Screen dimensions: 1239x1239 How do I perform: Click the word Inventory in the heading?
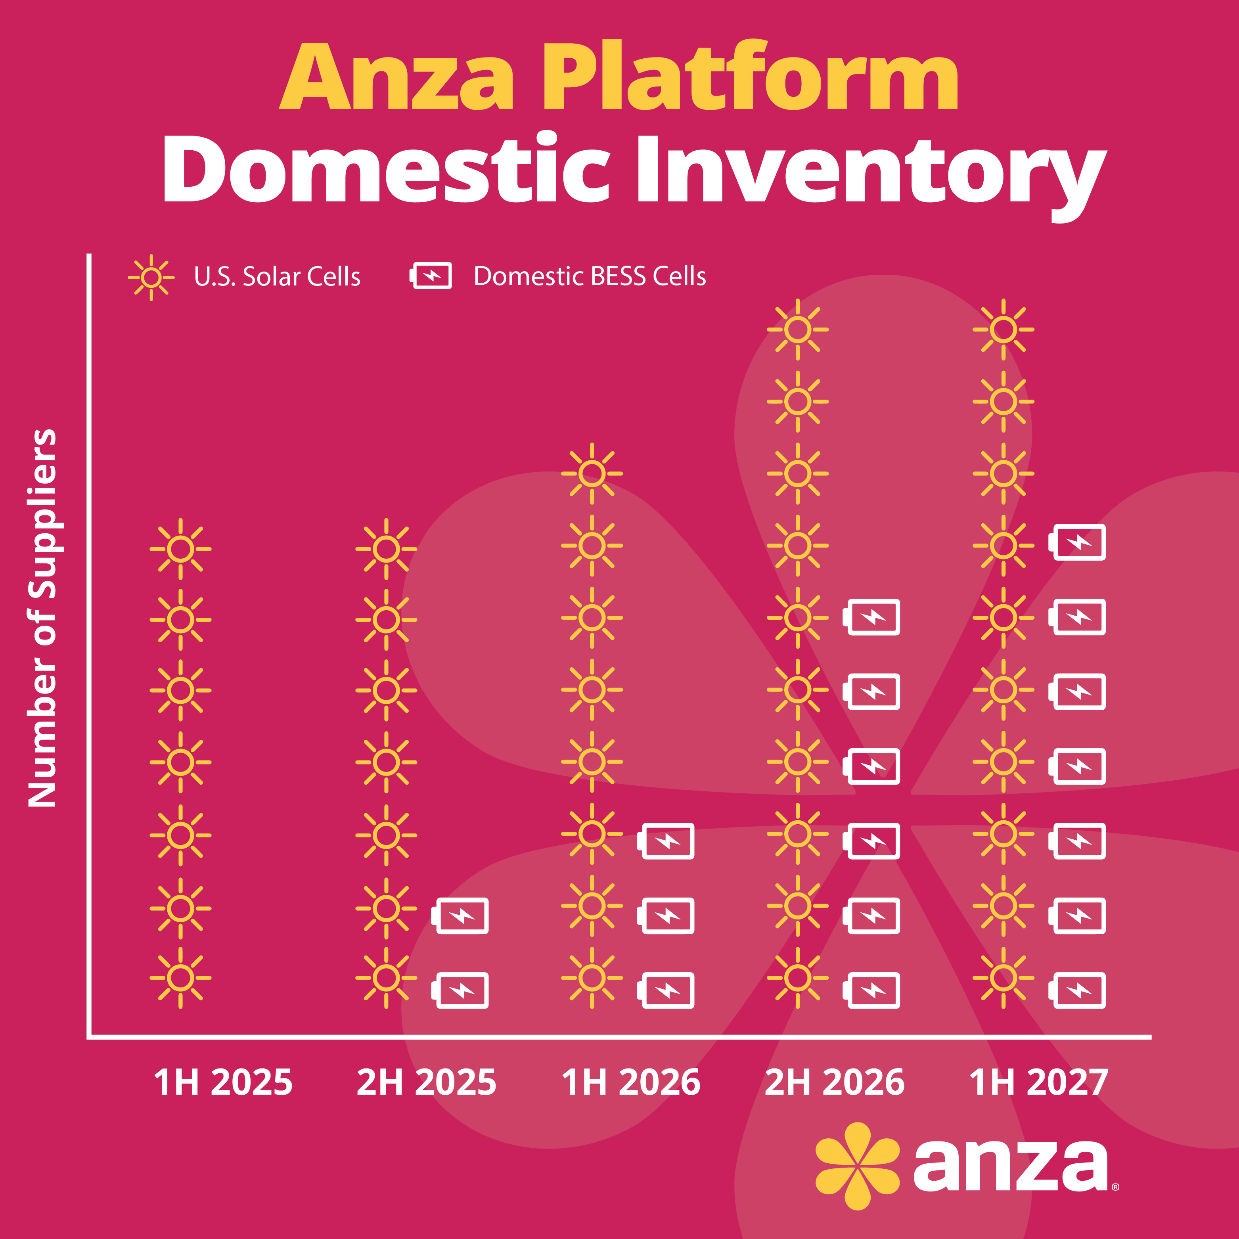871,176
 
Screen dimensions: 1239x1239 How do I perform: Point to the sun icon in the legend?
151,277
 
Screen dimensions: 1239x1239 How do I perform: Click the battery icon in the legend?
431,276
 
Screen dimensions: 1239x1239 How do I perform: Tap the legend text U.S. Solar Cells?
277,276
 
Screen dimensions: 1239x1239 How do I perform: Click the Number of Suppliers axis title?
43,618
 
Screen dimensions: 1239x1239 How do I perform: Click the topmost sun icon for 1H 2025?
181,549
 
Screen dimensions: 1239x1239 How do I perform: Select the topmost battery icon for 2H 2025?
460,916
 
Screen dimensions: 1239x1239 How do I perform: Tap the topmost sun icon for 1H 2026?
592,473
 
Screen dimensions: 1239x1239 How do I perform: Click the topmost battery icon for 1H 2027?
1077,542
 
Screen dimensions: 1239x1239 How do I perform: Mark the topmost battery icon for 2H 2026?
871,617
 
